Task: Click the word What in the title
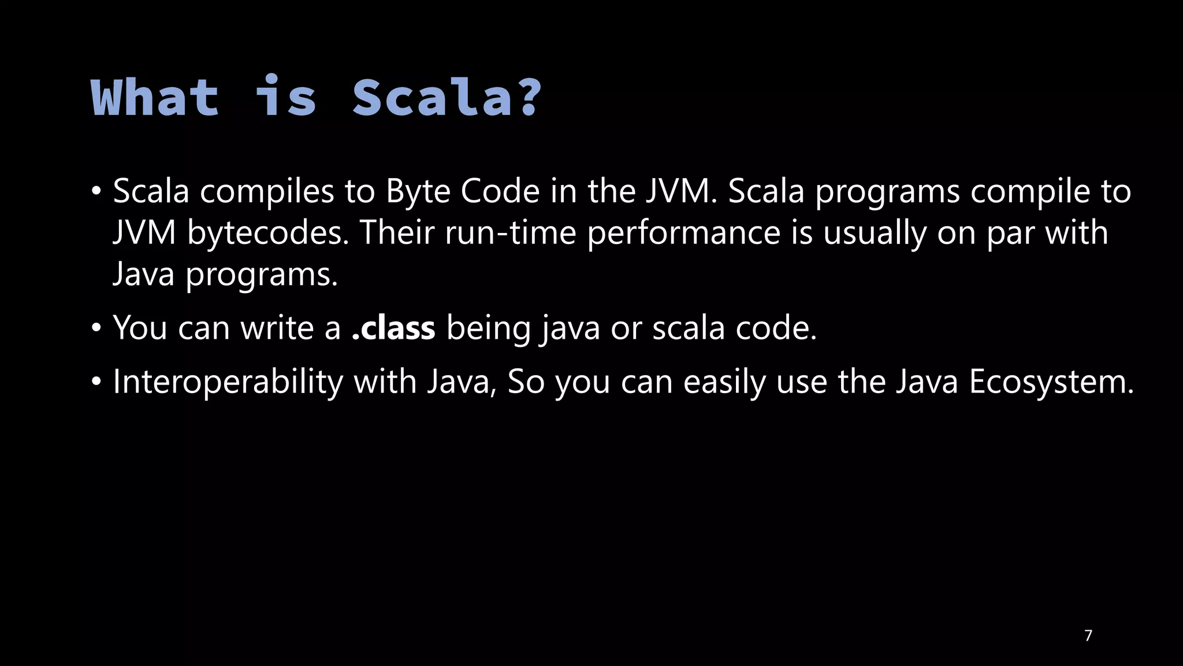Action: (x=155, y=98)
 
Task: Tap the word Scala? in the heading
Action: (x=447, y=98)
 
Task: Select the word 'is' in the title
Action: (x=286, y=98)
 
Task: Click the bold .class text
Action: (x=393, y=328)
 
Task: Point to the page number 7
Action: (x=1088, y=635)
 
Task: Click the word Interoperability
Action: (x=228, y=382)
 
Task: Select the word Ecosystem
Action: (x=1051, y=382)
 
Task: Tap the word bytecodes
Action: (x=268, y=232)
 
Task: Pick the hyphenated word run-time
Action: (x=511, y=232)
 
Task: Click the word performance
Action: (x=684, y=232)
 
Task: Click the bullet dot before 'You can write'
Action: (x=96, y=328)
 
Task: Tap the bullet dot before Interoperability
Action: (x=96, y=382)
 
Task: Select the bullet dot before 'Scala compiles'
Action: (x=96, y=191)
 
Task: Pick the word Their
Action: (x=397, y=232)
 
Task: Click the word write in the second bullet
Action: (x=277, y=328)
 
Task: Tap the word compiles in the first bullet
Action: (x=267, y=191)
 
